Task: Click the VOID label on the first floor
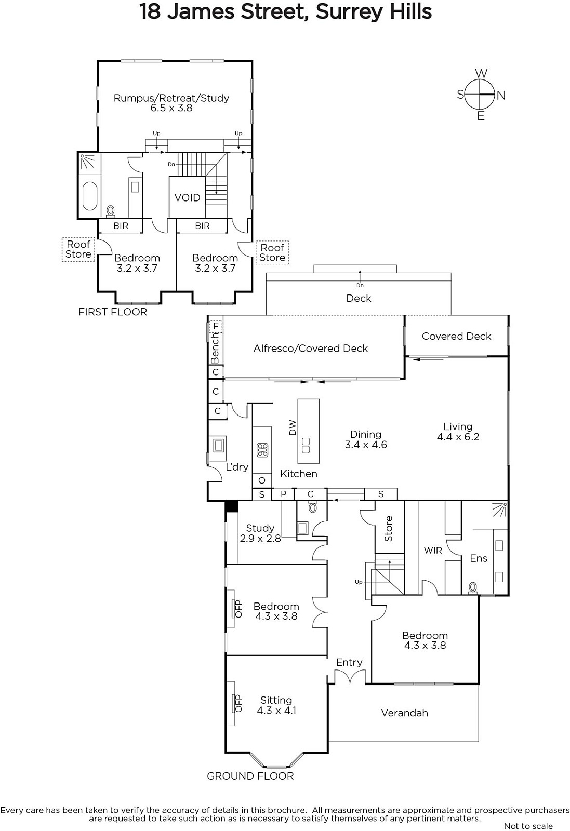point(187,198)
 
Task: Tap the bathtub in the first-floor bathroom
point(90,196)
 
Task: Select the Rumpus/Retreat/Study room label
point(171,98)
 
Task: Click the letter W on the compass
point(481,73)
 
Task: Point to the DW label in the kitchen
point(293,427)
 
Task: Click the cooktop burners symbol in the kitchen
point(262,450)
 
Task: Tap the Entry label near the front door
point(349,662)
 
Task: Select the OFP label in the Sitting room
point(238,703)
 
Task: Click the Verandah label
point(404,713)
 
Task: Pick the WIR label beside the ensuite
point(433,550)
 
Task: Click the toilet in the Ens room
point(472,587)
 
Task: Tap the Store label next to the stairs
point(388,529)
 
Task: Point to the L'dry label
point(237,467)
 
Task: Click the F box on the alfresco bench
point(216,327)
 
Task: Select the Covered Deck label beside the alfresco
point(456,336)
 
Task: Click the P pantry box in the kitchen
point(283,494)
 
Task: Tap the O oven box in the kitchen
point(262,480)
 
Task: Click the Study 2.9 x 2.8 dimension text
point(260,538)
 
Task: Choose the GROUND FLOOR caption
point(250,776)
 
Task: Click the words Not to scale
point(528,826)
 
